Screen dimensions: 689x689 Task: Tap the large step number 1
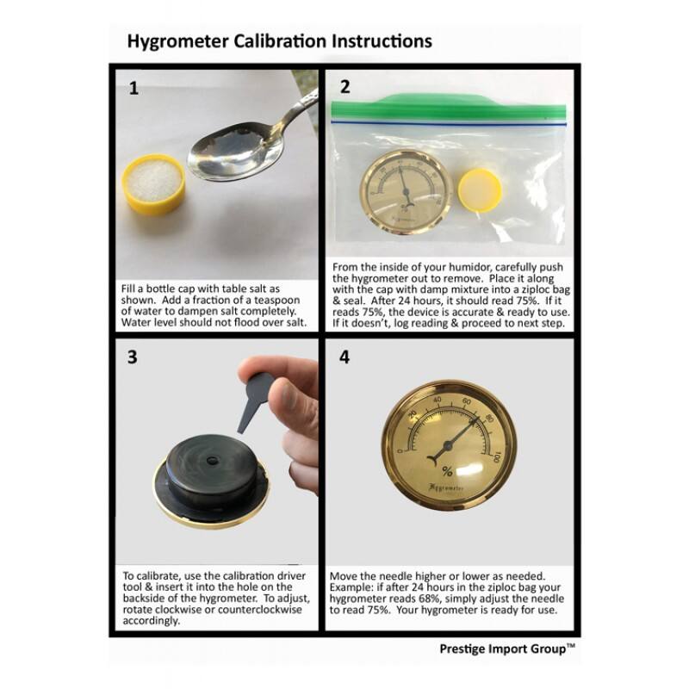click(x=133, y=87)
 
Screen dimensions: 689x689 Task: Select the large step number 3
click(x=133, y=357)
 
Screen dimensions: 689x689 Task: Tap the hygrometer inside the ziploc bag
click(x=402, y=190)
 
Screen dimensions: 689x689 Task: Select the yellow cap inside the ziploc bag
click(x=481, y=188)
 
